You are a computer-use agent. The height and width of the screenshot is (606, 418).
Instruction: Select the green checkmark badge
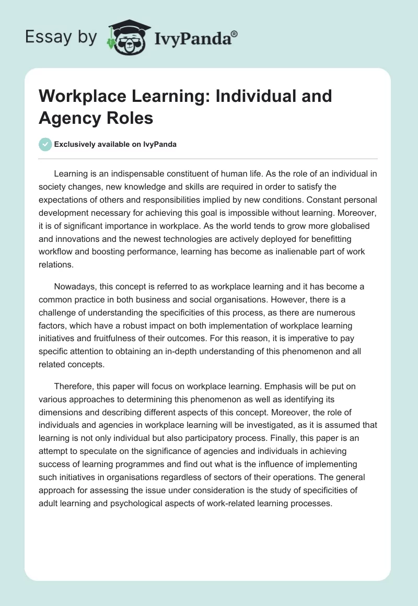click(x=45, y=144)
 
